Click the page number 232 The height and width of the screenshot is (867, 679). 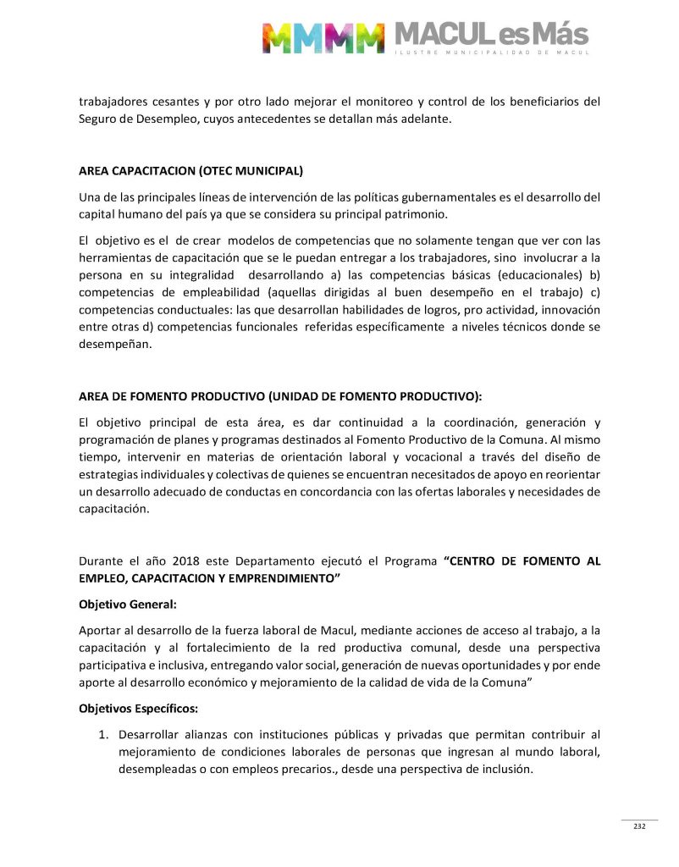click(x=639, y=826)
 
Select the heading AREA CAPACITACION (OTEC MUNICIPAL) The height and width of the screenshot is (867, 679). click(x=190, y=170)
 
